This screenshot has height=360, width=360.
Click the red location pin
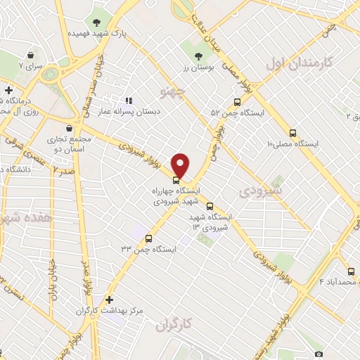[181, 165]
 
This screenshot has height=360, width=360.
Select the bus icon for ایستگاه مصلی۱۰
[293, 133]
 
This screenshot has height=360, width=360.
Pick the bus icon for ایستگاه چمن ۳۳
[149, 237]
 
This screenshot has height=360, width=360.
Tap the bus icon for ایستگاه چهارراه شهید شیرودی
[176, 180]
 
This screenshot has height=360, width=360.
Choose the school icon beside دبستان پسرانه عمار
[129, 101]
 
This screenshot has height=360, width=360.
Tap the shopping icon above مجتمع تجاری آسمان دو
[68, 128]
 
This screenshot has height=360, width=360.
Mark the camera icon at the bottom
[319, 354]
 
